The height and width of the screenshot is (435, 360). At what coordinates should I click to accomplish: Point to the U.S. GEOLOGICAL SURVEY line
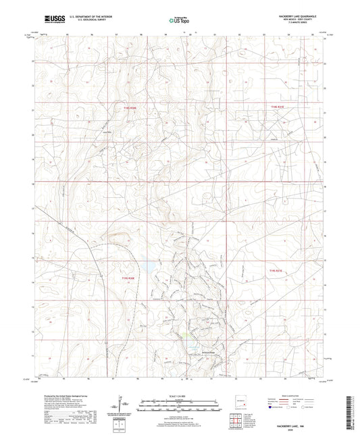(x=83, y=20)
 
